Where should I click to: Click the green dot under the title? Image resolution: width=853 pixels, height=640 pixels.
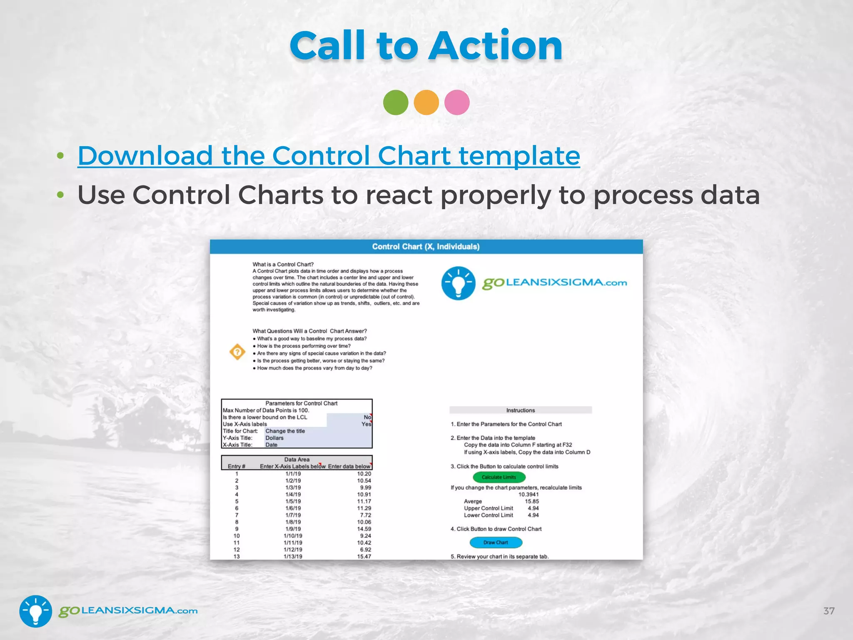click(395, 102)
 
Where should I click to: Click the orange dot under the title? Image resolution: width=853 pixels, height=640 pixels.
click(426, 102)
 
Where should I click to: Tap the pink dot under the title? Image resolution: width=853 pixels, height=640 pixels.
click(457, 102)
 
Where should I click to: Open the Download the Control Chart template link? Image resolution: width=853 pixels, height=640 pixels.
click(329, 155)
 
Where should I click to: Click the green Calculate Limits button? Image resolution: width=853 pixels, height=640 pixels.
click(499, 477)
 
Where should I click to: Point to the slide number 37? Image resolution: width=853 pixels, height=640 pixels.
click(829, 611)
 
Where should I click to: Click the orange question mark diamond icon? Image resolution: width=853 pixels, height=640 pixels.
click(237, 352)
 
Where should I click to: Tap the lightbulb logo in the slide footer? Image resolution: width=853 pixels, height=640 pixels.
click(36, 611)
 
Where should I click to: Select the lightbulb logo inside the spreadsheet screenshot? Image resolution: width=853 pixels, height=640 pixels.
click(458, 283)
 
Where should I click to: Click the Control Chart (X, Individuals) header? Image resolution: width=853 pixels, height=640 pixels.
click(426, 247)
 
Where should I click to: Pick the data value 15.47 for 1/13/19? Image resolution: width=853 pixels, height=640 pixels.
click(364, 556)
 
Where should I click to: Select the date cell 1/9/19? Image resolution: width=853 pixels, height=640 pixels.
click(293, 529)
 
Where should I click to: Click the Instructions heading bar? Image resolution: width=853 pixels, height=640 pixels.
click(520, 410)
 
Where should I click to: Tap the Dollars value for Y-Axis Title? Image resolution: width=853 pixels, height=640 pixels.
click(274, 438)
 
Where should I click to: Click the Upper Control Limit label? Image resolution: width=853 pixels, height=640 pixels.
click(489, 508)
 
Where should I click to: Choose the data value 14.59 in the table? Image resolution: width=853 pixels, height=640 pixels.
click(364, 529)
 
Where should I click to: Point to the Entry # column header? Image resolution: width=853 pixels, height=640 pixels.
click(236, 466)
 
